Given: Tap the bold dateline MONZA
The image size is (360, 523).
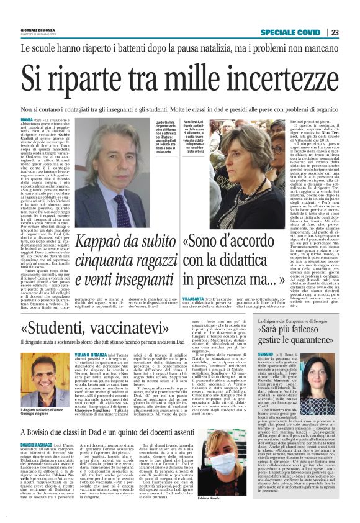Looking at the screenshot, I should pos(27,119).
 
